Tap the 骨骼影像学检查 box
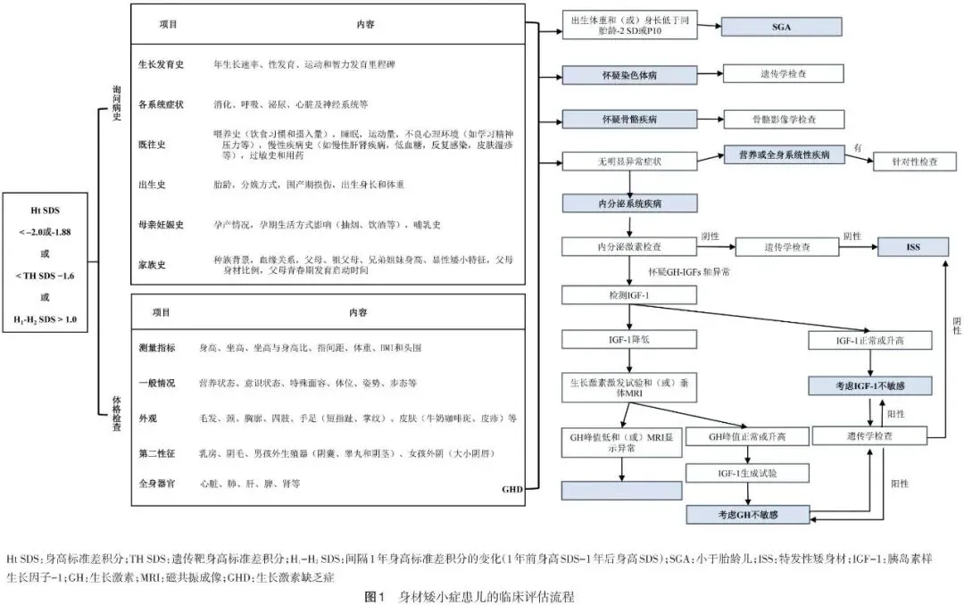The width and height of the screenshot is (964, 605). (x=782, y=118)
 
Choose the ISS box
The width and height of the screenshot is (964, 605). (x=914, y=246)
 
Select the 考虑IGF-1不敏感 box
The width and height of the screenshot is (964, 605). (x=870, y=385)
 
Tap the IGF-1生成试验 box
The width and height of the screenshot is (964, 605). (x=748, y=472)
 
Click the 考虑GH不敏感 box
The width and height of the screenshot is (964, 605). (x=748, y=515)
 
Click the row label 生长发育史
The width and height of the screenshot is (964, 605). (x=161, y=66)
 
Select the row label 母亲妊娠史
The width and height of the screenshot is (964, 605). (x=161, y=223)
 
